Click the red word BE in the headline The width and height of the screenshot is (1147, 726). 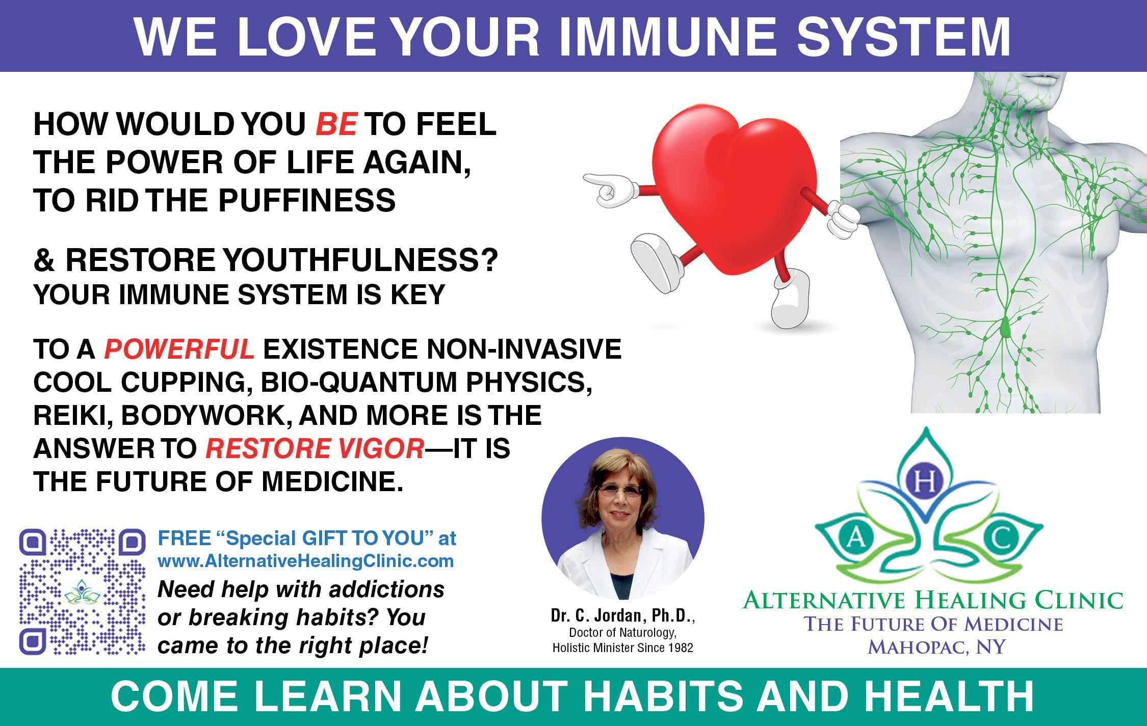[x=336, y=124]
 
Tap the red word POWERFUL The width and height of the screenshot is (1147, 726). [x=179, y=349]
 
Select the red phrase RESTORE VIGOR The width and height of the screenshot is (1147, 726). [x=315, y=449]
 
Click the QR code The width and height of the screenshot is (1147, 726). [x=82, y=592]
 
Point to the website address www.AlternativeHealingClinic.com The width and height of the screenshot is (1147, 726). [x=306, y=561]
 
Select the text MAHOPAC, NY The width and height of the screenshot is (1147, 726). [x=936, y=647]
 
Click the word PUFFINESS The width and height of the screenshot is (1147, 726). [x=307, y=200]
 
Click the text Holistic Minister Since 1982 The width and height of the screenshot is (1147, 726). [x=623, y=649]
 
